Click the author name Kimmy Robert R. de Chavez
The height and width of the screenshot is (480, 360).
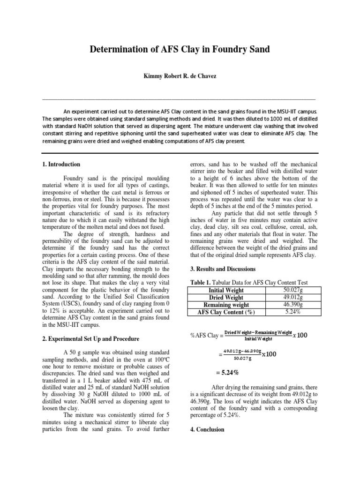pyautogui.click(x=180, y=75)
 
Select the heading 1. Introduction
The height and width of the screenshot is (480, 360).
pyautogui.click(x=61, y=165)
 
